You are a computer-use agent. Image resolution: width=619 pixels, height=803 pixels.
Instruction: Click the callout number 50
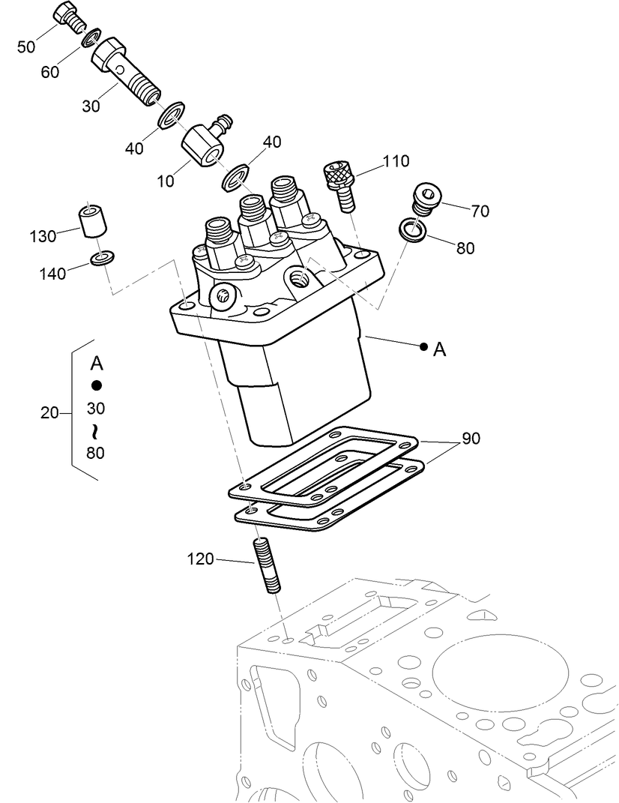(26, 46)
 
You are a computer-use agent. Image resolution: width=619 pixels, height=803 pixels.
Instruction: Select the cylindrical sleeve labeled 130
(92, 222)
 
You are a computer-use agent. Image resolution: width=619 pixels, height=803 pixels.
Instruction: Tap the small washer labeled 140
(102, 259)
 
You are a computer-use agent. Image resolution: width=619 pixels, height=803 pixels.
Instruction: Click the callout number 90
(471, 439)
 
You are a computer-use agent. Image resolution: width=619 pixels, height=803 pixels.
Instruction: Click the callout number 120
(200, 559)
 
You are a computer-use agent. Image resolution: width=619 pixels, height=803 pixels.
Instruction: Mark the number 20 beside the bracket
(50, 412)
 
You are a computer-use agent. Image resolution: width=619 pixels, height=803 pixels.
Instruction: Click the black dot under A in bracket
(96, 385)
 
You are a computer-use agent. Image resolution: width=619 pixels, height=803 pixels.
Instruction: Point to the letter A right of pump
(440, 349)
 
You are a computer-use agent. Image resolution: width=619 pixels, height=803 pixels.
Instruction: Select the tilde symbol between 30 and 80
(95, 430)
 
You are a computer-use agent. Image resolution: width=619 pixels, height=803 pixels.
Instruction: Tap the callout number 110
(396, 160)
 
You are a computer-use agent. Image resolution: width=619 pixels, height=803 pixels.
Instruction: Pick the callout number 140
(53, 274)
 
